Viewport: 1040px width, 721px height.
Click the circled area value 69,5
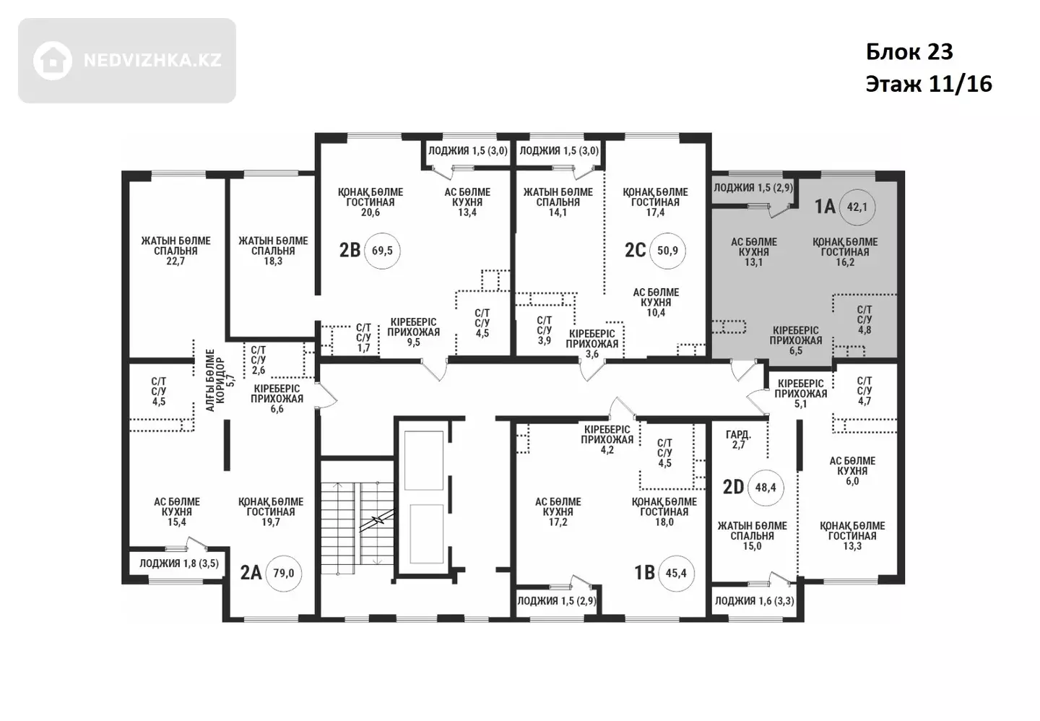tap(382, 251)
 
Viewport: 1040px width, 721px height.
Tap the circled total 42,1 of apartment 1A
tap(857, 207)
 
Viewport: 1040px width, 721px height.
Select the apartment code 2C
tap(635, 251)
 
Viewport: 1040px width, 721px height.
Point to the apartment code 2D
tap(734, 487)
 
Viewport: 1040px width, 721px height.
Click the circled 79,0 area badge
tap(284, 574)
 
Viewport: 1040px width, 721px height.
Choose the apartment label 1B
tap(644, 573)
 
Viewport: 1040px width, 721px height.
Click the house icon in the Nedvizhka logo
tap(53, 61)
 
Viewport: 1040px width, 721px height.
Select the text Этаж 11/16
tap(929, 85)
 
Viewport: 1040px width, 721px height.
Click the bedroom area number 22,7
tap(175, 261)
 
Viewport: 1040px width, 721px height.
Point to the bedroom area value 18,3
tap(273, 261)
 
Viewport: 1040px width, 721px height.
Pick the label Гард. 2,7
tap(738, 439)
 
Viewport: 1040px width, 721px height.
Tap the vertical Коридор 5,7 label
tap(220, 381)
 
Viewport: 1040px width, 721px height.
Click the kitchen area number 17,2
tap(558, 522)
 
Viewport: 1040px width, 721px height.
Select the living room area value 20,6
tap(370, 212)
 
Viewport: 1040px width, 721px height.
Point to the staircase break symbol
tap(379, 520)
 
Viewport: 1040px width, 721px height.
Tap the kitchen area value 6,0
tap(852, 481)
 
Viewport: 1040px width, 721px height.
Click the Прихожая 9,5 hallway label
tap(413, 332)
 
